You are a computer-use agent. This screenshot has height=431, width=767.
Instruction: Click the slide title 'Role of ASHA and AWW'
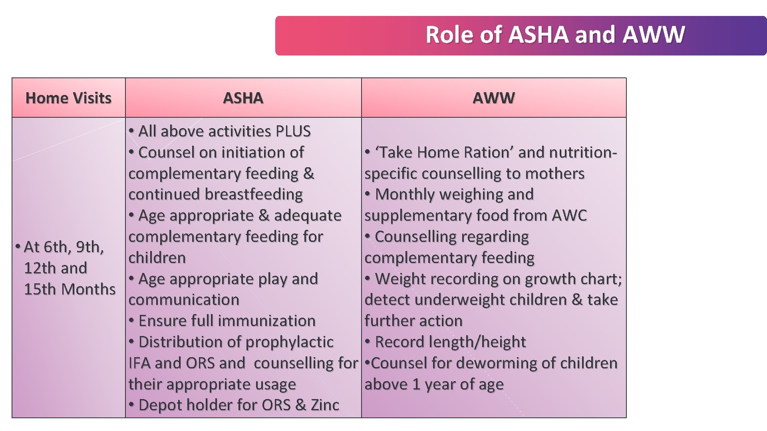(555, 35)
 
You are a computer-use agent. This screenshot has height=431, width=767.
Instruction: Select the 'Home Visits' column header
(68, 98)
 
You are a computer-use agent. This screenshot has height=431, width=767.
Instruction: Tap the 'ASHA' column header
(243, 98)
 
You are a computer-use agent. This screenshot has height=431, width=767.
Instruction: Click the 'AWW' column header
(494, 98)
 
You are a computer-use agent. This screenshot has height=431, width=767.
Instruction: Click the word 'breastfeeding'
(254, 194)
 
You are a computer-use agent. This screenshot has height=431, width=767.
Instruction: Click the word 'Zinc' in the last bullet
(325, 405)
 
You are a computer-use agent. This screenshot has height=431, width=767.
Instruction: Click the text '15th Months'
(70, 289)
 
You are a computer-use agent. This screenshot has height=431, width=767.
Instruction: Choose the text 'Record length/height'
(450, 342)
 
